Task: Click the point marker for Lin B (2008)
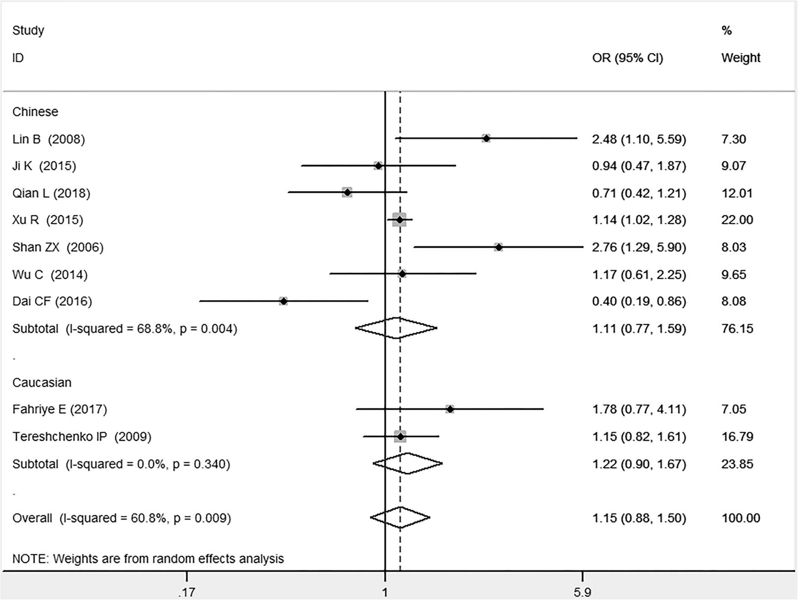coord(486,138)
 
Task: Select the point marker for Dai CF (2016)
coord(283,301)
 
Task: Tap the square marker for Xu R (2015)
coord(399,220)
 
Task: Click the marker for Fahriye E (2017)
coord(450,409)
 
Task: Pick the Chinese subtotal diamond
coord(397,328)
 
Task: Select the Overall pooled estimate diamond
coord(400,517)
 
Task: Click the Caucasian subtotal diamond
coord(407,464)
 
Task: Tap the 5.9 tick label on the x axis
coord(582,592)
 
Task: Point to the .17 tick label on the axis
coord(187,592)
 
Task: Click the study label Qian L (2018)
coord(51,193)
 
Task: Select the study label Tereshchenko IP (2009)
coord(82,437)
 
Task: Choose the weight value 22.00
coord(737,220)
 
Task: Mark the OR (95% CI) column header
coord(627,58)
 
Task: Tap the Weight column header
coord(741,58)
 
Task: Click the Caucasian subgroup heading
coord(41,382)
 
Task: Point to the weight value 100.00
coord(741,518)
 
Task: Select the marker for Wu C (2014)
coord(402,274)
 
